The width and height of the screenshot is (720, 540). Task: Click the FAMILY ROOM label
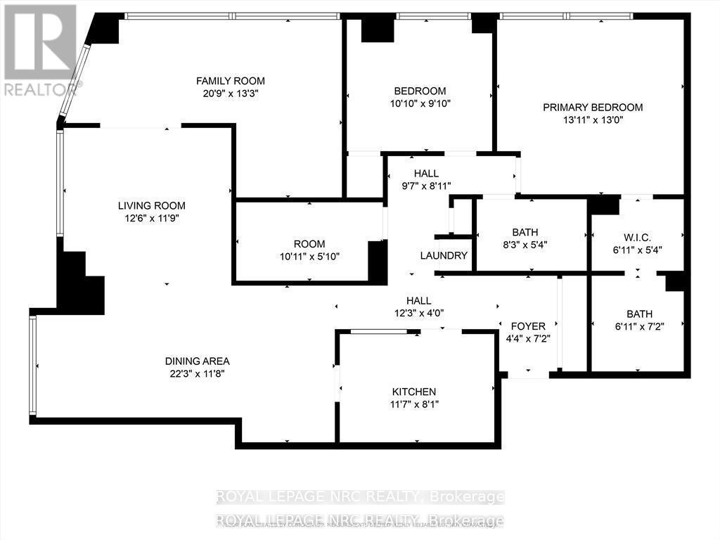pos(231,81)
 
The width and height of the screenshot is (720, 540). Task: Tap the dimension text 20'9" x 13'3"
pos(231,93)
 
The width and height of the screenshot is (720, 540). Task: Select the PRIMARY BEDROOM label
pos(593,108)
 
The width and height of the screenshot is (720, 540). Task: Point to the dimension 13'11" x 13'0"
pos(593,120)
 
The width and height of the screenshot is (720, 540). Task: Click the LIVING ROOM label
pos(151,206)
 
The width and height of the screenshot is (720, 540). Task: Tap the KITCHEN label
pos(414,392)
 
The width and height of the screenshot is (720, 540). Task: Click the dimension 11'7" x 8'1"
pos(414,404)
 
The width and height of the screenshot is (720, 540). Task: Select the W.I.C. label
pos(638,237)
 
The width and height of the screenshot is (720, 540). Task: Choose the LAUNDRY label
pos(444,255)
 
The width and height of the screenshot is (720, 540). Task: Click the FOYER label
pos(528,326)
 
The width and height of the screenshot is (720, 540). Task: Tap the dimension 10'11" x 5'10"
pos(309,257)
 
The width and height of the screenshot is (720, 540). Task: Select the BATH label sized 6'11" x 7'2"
pos(639,314)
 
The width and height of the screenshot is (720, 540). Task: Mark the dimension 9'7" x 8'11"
pos(426,186)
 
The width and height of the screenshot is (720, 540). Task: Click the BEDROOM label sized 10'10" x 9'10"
pos(420,91)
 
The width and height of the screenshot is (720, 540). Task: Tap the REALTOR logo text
pos(41,89)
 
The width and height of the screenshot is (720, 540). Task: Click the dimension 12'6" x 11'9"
pos(151,218)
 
